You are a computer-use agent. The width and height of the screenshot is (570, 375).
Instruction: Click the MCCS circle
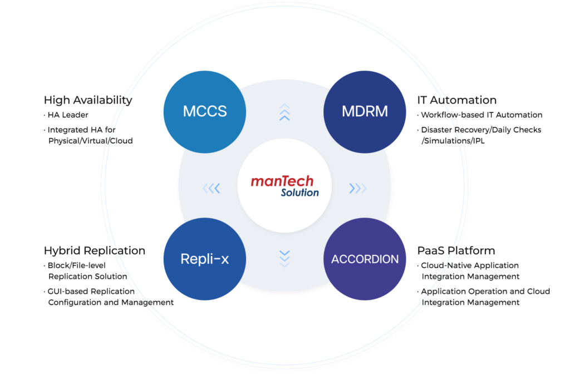tap(205, 111)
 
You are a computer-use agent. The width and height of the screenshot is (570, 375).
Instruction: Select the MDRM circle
tap(365, 111)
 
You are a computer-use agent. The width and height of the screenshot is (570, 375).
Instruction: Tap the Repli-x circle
tap(205, 259)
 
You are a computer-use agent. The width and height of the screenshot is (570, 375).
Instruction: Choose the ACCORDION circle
tap(365, 259)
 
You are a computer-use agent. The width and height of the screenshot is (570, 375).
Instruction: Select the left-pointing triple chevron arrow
tap(212, 189)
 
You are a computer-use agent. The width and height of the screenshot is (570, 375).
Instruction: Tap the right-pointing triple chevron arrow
tap(357, 189)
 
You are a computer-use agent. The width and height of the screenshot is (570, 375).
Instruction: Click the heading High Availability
tap(86, 100)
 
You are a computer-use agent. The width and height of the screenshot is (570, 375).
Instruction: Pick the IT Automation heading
tap(456, 100)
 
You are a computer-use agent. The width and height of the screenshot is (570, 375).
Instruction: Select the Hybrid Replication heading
tap(95, 250)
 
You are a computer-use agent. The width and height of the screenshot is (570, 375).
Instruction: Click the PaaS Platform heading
tap(456, 250)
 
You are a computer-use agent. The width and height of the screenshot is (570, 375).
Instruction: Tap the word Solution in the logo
tap(299, 193)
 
